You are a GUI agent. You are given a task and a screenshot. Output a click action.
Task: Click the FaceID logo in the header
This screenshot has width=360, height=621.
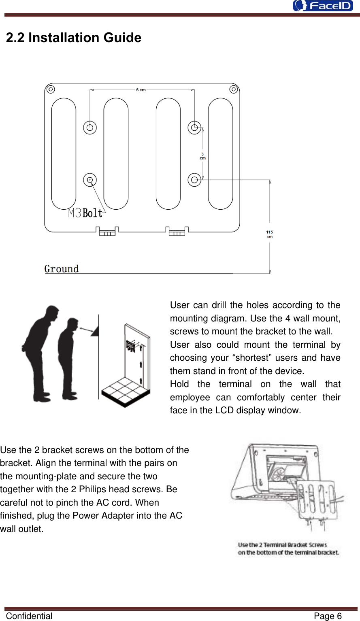point(323,6)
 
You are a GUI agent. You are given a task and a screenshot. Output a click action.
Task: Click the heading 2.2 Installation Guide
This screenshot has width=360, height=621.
point(74,38)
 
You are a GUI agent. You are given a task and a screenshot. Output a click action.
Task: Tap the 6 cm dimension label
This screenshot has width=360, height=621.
point(141,90)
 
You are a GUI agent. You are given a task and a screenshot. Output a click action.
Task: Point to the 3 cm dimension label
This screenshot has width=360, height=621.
point(202,156)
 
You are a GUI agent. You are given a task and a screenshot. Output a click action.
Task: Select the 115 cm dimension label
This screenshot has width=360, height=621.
point(269,234)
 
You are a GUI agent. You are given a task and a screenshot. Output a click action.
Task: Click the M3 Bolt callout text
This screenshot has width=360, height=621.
point(85,213)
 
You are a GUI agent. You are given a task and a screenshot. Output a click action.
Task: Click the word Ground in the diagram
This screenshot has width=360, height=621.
point(62,269)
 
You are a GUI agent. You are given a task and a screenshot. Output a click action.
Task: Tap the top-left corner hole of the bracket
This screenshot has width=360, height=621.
point(50,89)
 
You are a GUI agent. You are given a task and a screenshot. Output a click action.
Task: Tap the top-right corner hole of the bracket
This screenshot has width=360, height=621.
point(234,89)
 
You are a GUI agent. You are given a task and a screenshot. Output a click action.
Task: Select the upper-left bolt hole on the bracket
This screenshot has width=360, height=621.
point(90,128)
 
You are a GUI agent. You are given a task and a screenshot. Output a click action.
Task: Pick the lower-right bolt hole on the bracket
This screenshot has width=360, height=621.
point(194,180)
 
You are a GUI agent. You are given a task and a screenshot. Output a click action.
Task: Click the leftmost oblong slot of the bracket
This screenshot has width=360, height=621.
point(64,154)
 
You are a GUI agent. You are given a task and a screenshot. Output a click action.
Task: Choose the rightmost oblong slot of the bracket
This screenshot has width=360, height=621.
point(220,154)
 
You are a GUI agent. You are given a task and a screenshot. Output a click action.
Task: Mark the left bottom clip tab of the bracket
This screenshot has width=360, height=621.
point(107,232)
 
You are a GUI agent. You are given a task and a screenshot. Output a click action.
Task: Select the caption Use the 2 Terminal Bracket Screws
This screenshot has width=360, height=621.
point(283,545)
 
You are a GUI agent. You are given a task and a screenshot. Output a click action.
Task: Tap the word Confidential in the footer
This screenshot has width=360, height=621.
point(29,616)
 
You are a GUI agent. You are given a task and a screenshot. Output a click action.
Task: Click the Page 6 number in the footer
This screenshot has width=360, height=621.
point(328,616)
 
